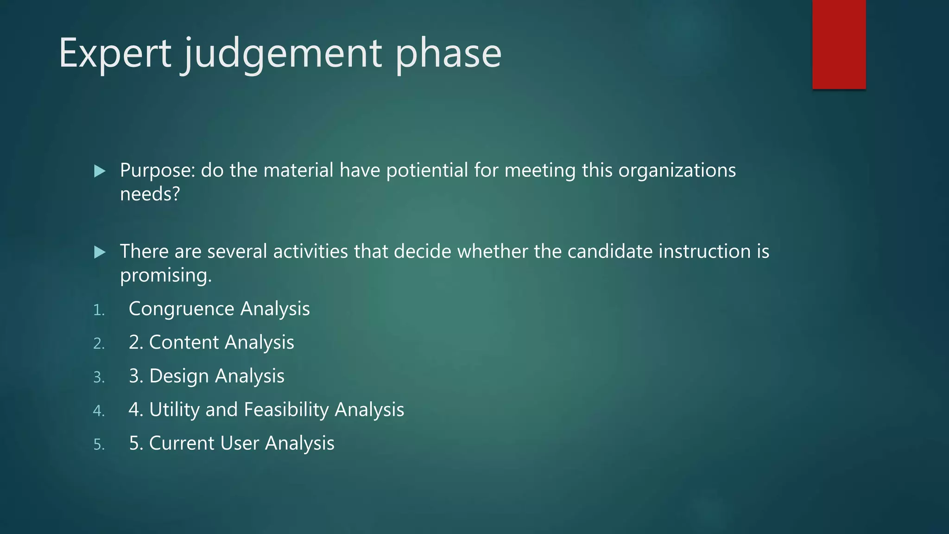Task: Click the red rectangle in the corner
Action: pyautogui.click(x=839, y=44)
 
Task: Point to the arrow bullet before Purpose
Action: pyautogui.click(x=100, y=171)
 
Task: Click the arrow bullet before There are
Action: pyautogui.click(x=100, y=252)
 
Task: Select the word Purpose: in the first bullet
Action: pyautogui.click(x=158, y=171)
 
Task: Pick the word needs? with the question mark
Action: pyautogui.click(x=150, y=194)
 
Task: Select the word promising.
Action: pyautogui.click(x=165, y=275)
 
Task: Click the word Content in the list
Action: pyautogui.click(x=184, y=342)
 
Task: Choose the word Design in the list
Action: pyautogui.click(x=179, y=376)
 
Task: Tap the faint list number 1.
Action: pyautogui.click(x=98, y=310)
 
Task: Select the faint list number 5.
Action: pyautogui.click(x=99, y=445)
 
